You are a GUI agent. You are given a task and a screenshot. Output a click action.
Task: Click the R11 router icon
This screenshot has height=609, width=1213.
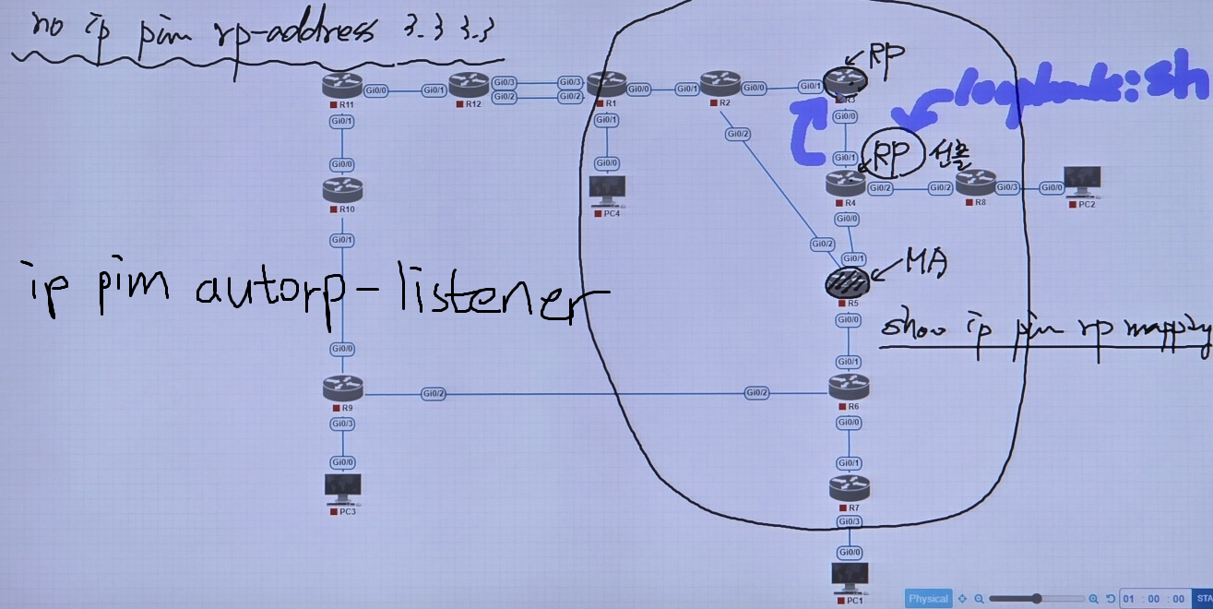(x=342, y=86)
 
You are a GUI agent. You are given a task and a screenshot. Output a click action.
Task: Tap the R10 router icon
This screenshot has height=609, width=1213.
(x=342, y=190)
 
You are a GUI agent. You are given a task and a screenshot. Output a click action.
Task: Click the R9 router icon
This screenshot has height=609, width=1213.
(x=342, y=388)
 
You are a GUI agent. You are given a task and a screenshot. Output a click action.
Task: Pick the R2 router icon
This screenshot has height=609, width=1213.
(x=719, y=84)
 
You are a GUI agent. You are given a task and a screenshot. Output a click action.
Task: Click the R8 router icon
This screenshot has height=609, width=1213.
(x=975, y=182)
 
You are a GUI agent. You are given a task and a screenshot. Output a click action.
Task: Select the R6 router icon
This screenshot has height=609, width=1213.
(x=848, y=388)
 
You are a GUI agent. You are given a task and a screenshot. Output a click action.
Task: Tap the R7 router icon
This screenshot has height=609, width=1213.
(x=848, y=487)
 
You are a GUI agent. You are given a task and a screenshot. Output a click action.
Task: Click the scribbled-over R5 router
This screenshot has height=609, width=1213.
(x=846, y=281)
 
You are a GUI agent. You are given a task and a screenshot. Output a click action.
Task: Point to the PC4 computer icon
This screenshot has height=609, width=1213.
(x=606, y=190)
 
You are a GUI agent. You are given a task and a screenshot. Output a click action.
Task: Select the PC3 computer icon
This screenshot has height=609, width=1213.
(x=342, y=487)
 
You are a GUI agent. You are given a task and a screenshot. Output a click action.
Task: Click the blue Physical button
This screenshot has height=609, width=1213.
(x=928, y=598)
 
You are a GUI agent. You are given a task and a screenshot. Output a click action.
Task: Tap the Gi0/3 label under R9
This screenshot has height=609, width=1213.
(x=342, y=424)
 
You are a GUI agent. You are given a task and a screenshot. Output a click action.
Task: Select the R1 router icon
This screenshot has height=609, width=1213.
(x=606, y=84)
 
